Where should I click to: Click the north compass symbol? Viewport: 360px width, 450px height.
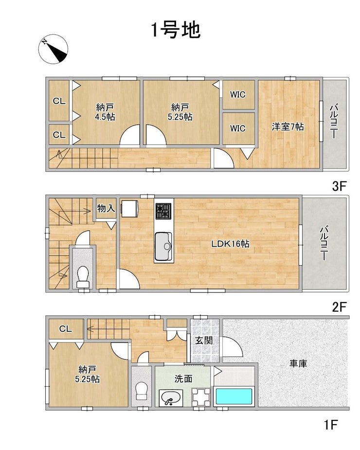click(53, 49)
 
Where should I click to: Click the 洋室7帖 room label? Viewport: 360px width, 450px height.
click(288, 126)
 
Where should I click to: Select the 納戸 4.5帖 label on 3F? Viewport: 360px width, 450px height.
click(106, 112)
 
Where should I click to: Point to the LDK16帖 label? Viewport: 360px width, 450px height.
click(230, 244)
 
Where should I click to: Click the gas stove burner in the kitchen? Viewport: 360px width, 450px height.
click(163, 211)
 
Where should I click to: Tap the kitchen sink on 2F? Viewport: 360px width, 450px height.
click(163, 246)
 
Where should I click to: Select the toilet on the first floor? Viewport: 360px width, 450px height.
click(141, 391)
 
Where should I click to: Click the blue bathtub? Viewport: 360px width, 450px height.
click(234, 397)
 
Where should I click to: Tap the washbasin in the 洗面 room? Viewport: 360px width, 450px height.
click(171, 398)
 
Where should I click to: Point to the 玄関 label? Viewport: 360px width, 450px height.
click(204, 341)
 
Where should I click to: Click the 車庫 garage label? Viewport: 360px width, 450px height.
click(298, 363)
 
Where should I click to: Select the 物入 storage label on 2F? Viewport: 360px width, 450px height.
click(106, 208)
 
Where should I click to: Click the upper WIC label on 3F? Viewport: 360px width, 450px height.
click(238, 94)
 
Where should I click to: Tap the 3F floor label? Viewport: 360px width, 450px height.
click(339, 186)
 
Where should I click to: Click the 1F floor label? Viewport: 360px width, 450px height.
click(330, 424)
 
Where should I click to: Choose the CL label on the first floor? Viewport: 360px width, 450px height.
click(66, 329)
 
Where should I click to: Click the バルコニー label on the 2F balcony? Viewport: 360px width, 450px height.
click(324, 244)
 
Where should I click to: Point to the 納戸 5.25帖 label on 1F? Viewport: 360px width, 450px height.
click(87, 374)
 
